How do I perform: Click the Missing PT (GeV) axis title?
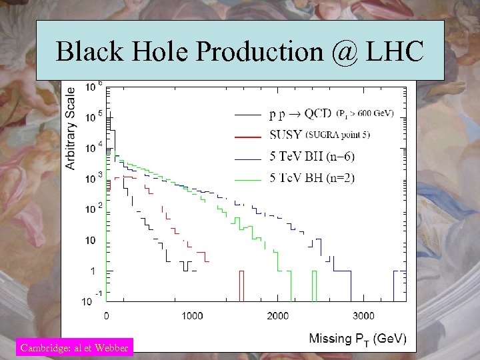357,339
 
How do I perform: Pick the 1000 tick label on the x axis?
192,315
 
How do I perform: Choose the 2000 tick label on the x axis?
278,315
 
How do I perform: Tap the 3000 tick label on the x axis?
363,315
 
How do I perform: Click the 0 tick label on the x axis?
107,315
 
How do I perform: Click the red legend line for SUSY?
247,136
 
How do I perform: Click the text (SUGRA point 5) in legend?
338,135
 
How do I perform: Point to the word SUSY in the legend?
285,136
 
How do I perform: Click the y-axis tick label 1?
92,271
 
